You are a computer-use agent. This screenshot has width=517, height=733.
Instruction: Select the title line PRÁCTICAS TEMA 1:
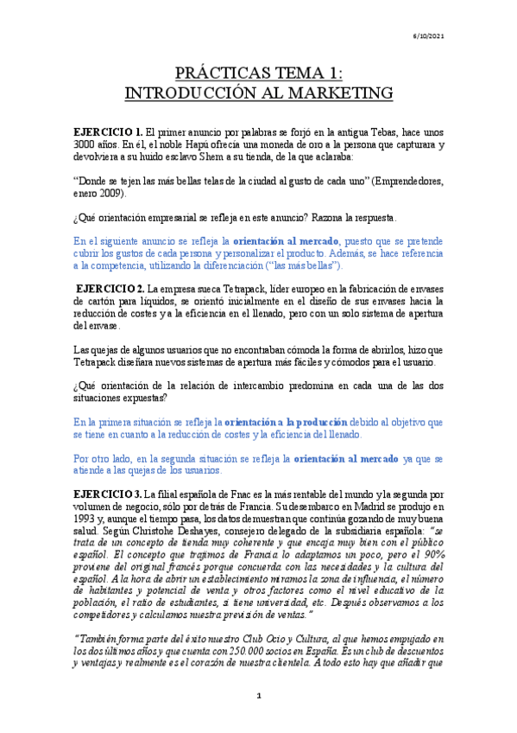[259, 72]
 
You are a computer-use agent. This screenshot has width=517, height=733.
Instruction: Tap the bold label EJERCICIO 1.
[108, 130]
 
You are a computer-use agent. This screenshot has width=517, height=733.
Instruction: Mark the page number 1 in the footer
[258, 719]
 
